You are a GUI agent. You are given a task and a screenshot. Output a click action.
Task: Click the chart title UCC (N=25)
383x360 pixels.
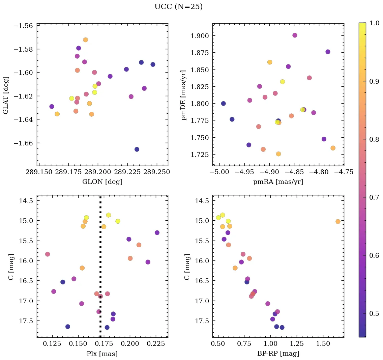point(178,7)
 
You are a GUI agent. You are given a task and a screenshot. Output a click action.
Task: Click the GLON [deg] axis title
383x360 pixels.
point(102,182)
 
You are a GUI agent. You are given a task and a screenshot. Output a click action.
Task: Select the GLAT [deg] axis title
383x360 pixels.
point(6,95)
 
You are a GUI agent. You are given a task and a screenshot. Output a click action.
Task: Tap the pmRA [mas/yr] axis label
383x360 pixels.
point(278,182)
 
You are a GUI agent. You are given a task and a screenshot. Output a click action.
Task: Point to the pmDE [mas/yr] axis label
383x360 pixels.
point(184,95)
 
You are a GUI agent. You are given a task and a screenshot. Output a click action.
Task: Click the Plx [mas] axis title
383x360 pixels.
point(102,354)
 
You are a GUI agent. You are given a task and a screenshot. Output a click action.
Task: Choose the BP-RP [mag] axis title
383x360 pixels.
point(278,354)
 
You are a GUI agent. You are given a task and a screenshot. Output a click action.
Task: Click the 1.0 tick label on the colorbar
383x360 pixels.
point(374,23)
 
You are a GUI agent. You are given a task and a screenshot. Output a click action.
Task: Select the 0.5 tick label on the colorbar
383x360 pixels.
point(374,313)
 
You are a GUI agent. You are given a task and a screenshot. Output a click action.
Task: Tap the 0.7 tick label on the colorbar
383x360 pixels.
point(374,197)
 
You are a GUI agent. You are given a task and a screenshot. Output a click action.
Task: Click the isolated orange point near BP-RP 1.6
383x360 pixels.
point(338,221)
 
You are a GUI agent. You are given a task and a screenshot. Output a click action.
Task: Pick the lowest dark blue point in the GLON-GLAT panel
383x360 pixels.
point(137,149)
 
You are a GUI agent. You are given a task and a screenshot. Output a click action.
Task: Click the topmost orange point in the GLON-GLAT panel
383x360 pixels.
point(85,40)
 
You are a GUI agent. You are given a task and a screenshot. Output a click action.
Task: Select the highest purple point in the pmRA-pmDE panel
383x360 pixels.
point(295,35)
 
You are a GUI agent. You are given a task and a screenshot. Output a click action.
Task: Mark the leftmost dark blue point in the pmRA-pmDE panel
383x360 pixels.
point(223,104)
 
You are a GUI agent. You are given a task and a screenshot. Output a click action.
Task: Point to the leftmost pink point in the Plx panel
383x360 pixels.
point(48,254)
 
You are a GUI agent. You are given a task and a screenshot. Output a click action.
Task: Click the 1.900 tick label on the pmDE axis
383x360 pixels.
point(201,36)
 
